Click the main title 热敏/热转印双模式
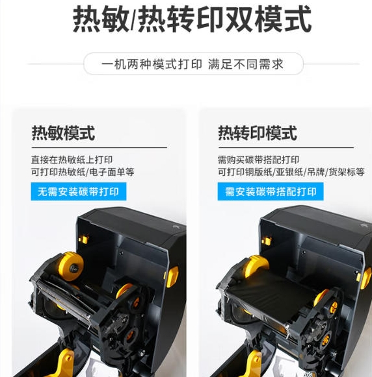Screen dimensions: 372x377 (x=192, y=19)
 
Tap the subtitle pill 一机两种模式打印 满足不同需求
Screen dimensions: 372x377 (x=193, y=64)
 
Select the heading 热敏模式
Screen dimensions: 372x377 (x=63, y=133)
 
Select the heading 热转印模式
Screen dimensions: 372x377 (x=258, y=133)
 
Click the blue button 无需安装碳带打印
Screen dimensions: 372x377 (x=79, y=191)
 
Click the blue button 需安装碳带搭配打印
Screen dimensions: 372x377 (x=271, y=191)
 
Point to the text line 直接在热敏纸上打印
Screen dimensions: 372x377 (x=72, y=160)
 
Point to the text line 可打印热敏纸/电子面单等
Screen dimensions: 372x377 (x=83, y=172)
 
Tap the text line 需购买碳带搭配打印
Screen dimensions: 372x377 (x=259, y=160)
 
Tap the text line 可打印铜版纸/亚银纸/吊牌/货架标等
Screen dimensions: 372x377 (x=291, y=172)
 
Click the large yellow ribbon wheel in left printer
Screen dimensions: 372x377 (x=71, y=266)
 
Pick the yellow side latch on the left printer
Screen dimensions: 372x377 (x=173, y=276)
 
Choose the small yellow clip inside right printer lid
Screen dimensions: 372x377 (x=267, y=240)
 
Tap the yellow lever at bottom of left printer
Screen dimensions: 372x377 (x=63, y=363)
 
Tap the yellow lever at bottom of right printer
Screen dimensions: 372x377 (x=253, y=364)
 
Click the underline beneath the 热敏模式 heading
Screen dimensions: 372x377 (x=100, y=148)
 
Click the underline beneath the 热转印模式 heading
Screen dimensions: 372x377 (x=286, y=148)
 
